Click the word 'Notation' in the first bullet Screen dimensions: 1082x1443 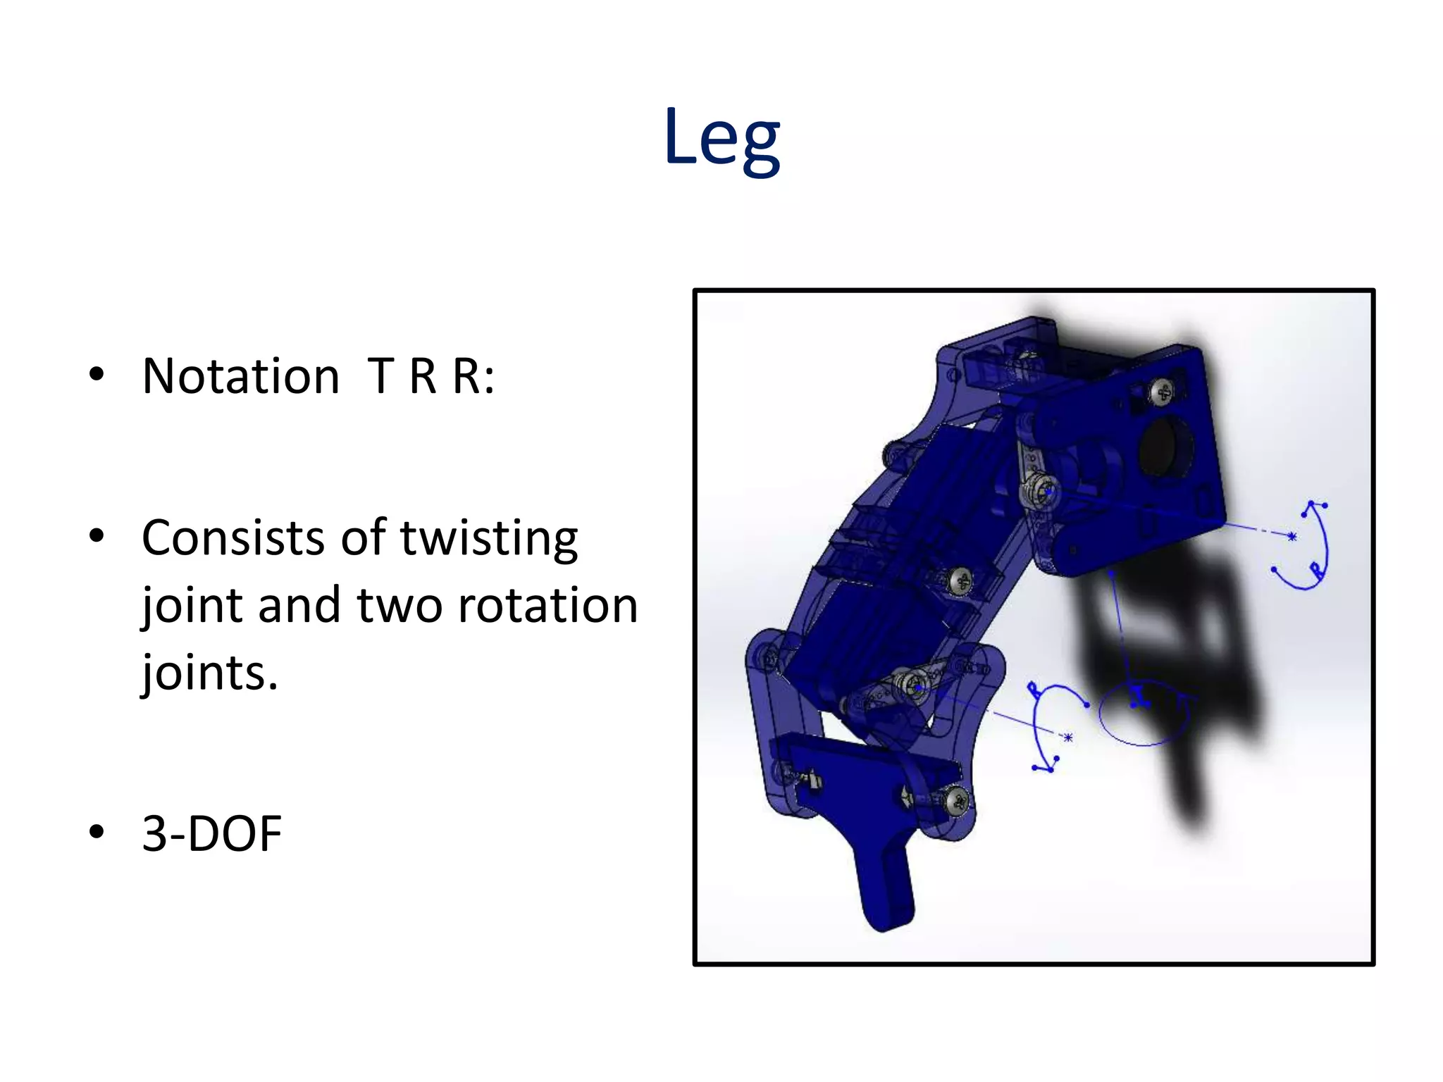pyautogui.click(x=241, y=376)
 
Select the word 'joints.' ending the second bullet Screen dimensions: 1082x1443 pyautogui.click(x=210, y=673)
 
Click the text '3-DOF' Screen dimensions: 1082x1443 pyautogui.click(x=211, y=834)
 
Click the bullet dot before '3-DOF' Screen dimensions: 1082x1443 pyautogui.click(x=97, y=832)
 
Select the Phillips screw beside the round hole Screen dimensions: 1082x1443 pyautogui.click(x=1163, y=392)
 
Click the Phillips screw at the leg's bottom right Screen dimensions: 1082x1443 pyautogui.click(x=957, y=801)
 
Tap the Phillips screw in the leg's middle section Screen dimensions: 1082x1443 pyautogui.click(x=960, y=582)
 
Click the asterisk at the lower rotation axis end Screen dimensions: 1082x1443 pyautogui.click(x=1068, y=738)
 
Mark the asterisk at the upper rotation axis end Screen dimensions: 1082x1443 pyautogui.click(x=1292, y=537)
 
